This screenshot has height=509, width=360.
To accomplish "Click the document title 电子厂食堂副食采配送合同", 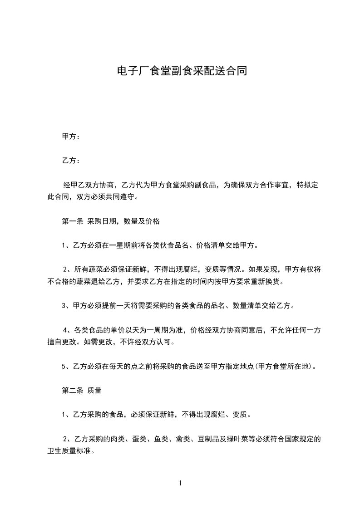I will pos(182,71).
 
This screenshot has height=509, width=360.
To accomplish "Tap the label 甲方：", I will pos(71,136).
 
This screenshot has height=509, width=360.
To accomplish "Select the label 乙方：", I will pos(71,161).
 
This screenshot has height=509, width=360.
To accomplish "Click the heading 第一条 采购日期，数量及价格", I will pos(110,221).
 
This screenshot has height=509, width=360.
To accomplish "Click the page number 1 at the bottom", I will pos(180,483).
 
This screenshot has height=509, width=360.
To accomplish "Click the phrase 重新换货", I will pos(265,281).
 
